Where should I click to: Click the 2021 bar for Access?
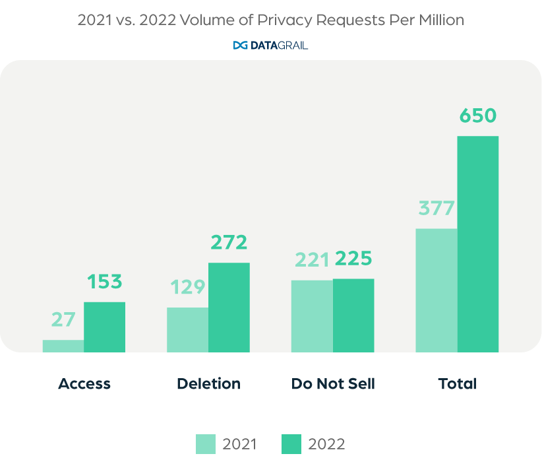[63, 346]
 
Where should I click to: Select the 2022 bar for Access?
[104, 327]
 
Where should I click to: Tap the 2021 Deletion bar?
[187, 329]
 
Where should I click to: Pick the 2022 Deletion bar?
[229, 307]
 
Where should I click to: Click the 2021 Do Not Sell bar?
[312, 315]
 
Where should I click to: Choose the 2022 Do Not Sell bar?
[353, 315]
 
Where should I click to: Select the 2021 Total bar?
[437, 290]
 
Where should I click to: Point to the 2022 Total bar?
[478, 244]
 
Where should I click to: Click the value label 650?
[478, 117]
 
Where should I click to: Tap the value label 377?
[436, 209]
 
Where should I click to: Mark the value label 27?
[63, 320]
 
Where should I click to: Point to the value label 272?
[229, 243]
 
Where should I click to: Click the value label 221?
[311, 260]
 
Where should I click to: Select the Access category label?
[84, 383]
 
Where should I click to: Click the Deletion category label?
[208, 383]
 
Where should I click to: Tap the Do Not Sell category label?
[333, 383]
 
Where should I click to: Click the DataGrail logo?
[271, 46]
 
